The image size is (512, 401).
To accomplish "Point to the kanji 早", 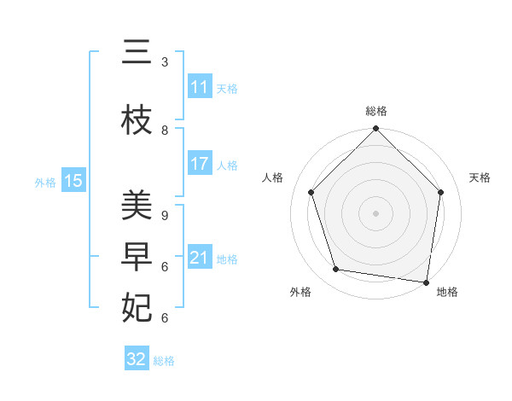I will (x=137, y=258).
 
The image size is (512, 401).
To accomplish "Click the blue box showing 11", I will (x=200, y=87).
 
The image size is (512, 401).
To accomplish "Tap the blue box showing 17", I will (x=200, y=164).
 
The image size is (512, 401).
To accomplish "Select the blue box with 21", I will (x=200, y=258).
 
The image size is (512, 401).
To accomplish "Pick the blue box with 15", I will (x=73, y=181).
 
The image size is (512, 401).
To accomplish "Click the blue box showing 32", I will (x=137, y=359).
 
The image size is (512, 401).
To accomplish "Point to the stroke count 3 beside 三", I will (x=165, y=62).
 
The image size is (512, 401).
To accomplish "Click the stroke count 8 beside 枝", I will (x=165, y=131).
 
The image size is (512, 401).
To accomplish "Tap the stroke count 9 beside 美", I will (x=165, y=216).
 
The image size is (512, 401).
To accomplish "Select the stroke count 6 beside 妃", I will (x=165, y=318).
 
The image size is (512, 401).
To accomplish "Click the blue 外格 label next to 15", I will (x=45, y=182).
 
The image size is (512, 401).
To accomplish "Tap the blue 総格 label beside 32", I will (x=164, y=361).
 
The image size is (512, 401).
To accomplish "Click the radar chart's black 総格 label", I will (x=375, y=111).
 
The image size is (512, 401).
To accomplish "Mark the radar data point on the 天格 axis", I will (x=441, y=192).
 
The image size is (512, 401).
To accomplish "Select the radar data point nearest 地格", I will (x=426, y=282).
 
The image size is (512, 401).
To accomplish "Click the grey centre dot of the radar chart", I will (x=375, y=212).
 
